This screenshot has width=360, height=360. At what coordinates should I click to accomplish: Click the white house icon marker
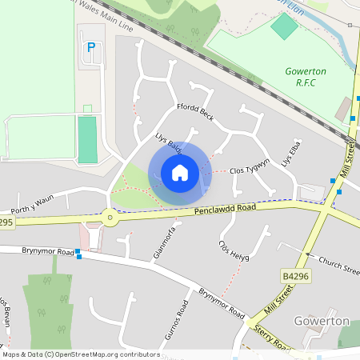tap(180, 173)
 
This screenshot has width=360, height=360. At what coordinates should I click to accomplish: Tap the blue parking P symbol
tap(90, 48)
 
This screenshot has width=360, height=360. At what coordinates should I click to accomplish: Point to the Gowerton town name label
tap(321, 321)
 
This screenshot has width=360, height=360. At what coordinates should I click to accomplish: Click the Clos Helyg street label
tap(234, 250)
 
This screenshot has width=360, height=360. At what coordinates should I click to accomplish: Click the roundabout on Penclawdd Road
tap(108, 215)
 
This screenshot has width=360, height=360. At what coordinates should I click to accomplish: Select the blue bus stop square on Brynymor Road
tap(78, 255)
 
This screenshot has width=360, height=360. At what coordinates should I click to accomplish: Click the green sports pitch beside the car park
tap(86, 139)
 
